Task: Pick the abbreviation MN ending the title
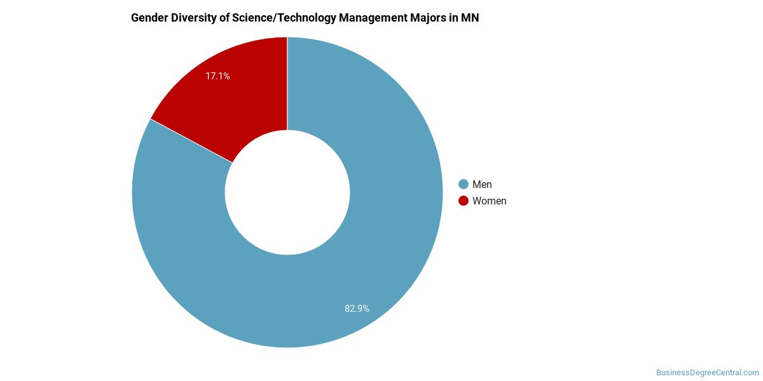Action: click(470, 18)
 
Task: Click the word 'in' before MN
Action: click(453, 18)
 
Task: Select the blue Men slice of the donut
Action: click(356, 267)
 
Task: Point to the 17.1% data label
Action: click(217, 76)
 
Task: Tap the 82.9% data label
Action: click(357, 309)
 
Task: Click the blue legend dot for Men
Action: click(464, 184)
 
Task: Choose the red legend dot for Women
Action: click(464, 201)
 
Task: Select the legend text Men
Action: click(482, 184)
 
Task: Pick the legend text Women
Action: click(489, 201)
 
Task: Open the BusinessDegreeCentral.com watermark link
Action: click(707, 372)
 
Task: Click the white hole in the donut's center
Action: click(287, 192)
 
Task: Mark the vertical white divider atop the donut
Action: click(287, 83)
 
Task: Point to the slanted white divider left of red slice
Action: click(191, 140)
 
